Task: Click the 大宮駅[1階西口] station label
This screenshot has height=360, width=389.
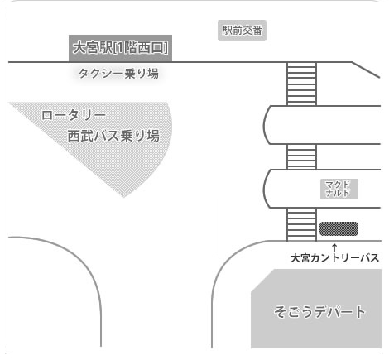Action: pos(120,48)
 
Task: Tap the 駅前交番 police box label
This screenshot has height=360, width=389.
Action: pos(242,30)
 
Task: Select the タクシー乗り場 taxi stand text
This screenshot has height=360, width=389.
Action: pos(118,74)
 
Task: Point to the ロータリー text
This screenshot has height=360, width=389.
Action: pos(74,115)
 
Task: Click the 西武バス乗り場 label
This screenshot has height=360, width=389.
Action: pos(113,136)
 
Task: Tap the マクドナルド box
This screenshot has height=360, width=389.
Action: pos(339,189)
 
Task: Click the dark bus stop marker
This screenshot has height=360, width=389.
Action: pos(339,228)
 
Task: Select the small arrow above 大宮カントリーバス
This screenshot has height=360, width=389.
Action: pos(334,248)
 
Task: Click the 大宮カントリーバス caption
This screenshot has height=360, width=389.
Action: pos(335,258)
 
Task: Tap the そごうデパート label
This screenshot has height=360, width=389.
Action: pos(319,312)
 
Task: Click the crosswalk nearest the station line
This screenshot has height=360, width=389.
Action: pos(301,84)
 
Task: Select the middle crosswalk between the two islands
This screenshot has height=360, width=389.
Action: pos(301,156)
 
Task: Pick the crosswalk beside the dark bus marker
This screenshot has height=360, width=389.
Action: pos(301,224)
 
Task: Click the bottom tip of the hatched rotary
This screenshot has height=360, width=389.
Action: pos(123,197)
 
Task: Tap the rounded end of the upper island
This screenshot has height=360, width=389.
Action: pos(264,125)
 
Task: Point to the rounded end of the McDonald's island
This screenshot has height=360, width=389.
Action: pos(264,189)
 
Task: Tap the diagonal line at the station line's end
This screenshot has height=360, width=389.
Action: pos(366,70)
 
